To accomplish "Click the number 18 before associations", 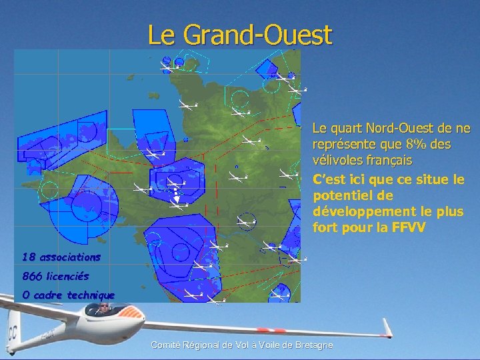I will pos(29,257).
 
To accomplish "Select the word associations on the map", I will pos(70,257).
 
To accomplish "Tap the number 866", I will pos(32,275).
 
